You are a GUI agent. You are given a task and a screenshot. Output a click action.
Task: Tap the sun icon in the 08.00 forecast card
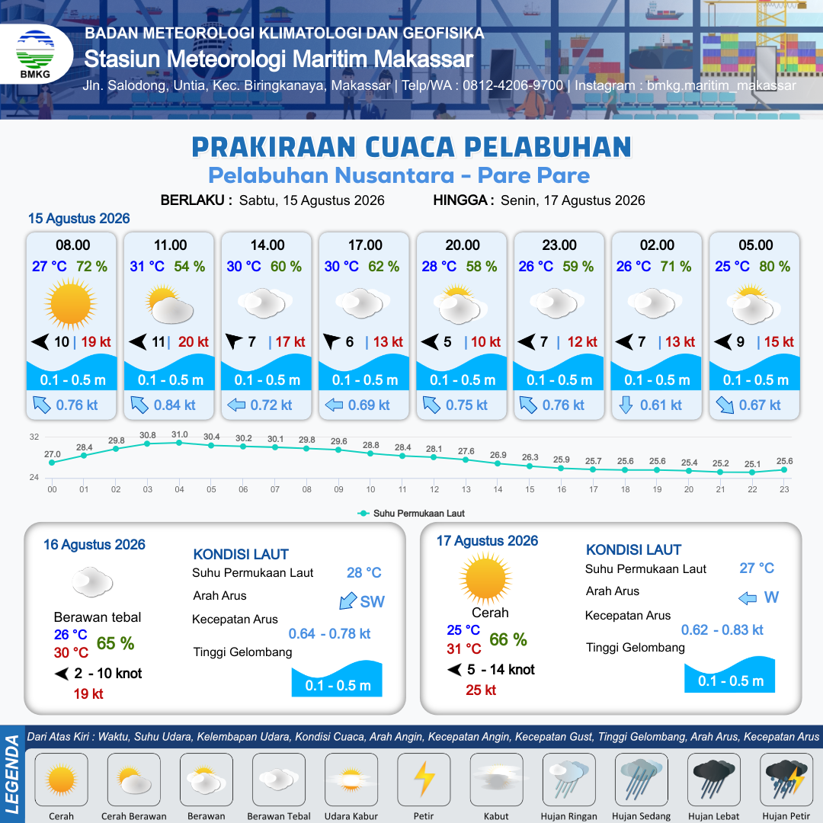tap(70, 303)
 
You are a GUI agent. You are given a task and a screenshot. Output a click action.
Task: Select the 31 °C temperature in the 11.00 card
tap(147, 267)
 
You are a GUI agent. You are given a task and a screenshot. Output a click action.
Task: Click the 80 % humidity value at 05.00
tap(775, 267)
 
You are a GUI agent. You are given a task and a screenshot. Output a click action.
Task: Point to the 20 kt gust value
tap(193, 342)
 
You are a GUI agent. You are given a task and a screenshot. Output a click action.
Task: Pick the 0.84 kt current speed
tap(175, 405)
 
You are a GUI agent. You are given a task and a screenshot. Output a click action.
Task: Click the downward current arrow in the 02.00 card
tap(626, 405)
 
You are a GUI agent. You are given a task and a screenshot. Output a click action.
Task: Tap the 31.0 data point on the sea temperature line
tap(179, 443)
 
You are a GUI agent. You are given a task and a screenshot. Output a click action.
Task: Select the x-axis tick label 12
tap(434, 489)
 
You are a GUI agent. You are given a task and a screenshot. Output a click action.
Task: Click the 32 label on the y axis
tap(34, 437)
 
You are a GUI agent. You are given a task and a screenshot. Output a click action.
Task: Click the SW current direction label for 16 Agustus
tap(372, 601)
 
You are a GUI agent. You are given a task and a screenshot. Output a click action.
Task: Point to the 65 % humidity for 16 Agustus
tap(116, 643)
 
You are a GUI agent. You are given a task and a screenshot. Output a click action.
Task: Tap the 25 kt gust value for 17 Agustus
tap(481, 690)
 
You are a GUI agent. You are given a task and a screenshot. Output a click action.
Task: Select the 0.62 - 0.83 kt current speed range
tap(722, 630)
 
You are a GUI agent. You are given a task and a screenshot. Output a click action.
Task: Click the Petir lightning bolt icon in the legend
tap(424, 779)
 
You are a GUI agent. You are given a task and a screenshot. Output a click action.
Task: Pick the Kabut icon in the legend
tap(496, 779)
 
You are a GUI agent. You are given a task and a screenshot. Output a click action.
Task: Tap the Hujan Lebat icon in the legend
tap(714, 779)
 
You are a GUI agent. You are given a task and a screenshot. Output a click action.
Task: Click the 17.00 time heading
tap(365, 245)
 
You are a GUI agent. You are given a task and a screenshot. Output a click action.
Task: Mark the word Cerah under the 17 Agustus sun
tap(490, 613)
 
